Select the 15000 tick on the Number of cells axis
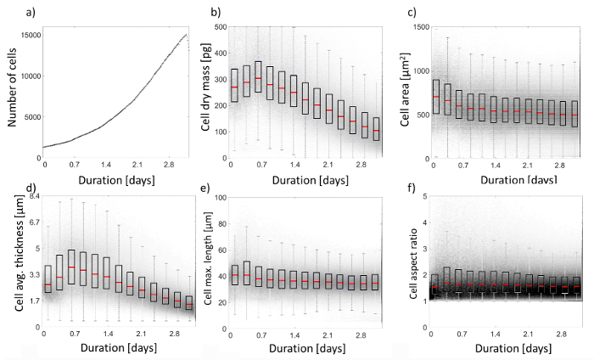tap(31, 34)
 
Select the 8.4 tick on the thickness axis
tap(32, 196)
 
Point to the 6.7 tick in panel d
tap(32, 222)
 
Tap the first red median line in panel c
tap(435, 97)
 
